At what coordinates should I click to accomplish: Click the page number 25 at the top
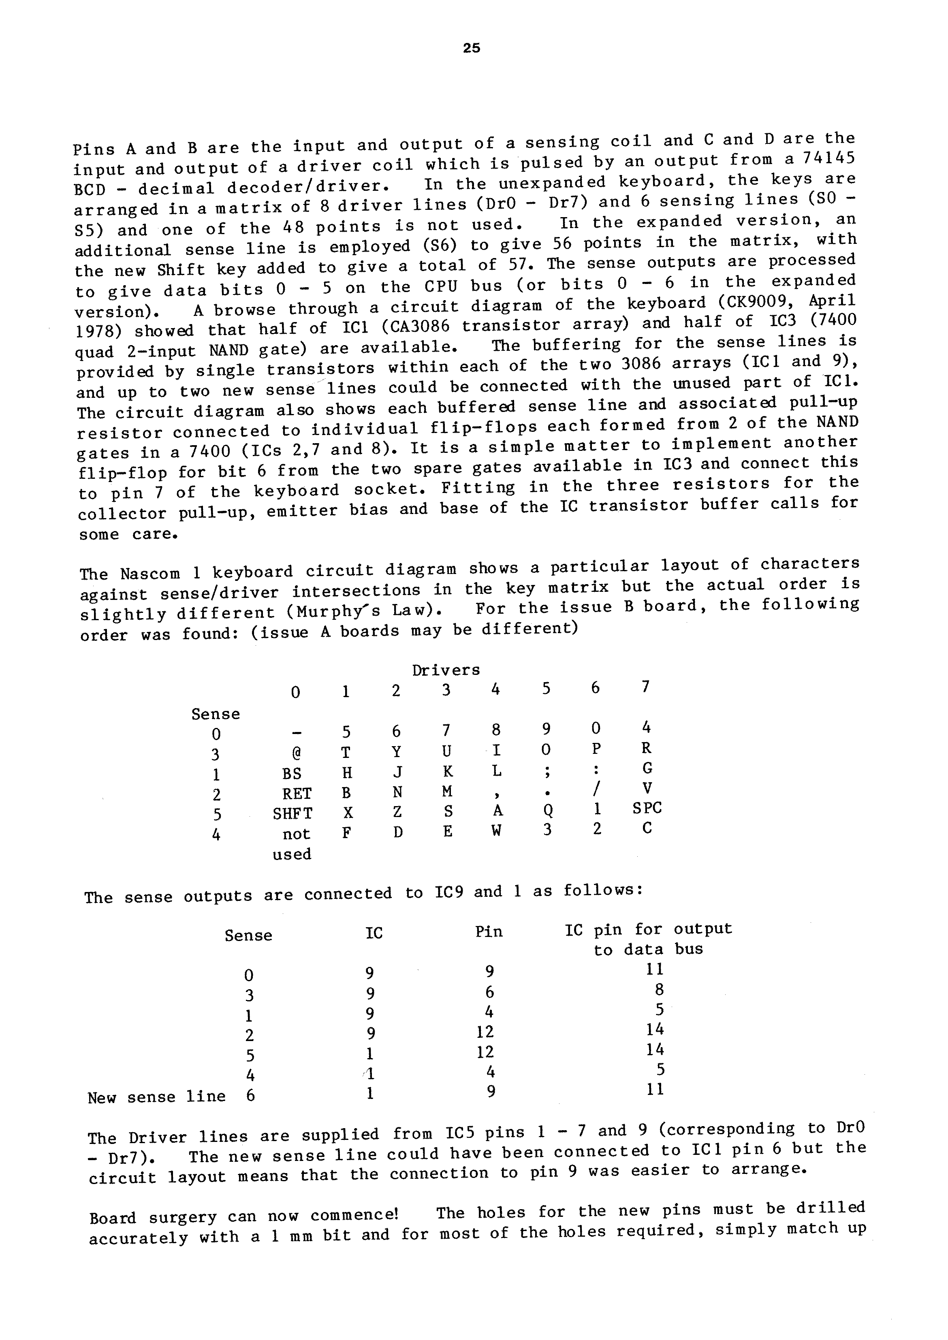471,49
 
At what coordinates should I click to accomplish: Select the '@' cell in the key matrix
296,753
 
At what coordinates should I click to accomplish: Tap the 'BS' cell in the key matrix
292,773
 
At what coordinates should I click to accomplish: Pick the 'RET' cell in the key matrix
297,794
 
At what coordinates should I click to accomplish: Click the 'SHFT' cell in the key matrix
293,813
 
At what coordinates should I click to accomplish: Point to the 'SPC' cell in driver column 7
647,808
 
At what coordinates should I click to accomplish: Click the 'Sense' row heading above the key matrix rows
216,714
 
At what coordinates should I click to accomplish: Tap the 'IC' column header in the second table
374,933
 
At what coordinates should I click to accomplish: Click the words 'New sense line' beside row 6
156,1097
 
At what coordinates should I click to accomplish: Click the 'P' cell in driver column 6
596,749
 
